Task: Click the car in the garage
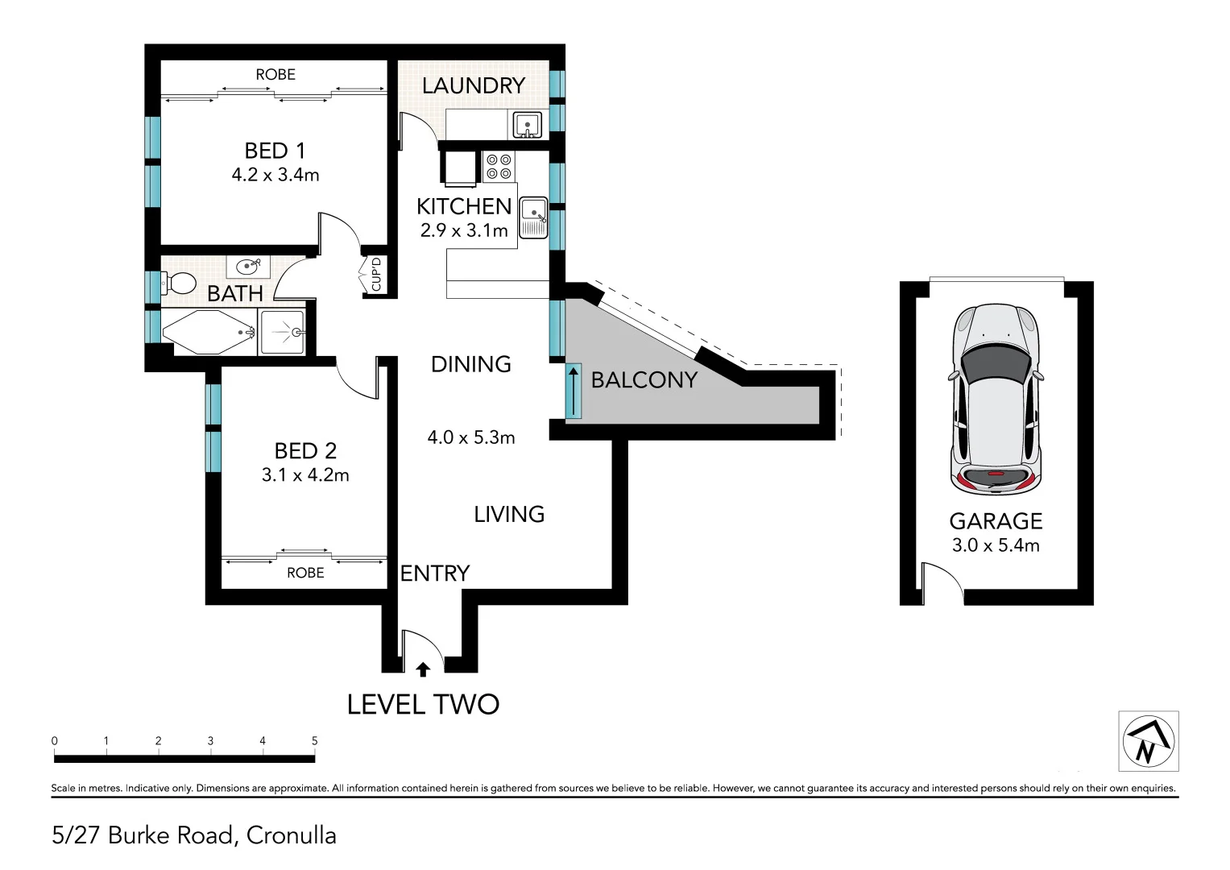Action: (996, 400)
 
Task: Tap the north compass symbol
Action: (1148, 741)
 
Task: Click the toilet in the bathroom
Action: (179, 284)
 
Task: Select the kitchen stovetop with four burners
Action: (499, 167)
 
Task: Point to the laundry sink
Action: (527, 125)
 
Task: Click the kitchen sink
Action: (534, 217)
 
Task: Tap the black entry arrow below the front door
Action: (423, 669)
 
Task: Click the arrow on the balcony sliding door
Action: (574, 391)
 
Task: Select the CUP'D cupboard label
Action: (376, 275)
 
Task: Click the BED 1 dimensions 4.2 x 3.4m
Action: (275, 175)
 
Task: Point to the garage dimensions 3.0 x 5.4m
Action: (996, 545)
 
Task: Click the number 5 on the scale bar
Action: (315, 740)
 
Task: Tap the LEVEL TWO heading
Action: (423, 704)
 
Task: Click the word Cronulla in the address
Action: (291, 835)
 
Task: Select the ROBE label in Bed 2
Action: (305, 573)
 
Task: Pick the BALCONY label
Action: (644, 379)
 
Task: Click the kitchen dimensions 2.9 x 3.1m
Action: (464, 230)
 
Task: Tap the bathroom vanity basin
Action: (248, 267)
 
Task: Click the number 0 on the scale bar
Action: (54, 740)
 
